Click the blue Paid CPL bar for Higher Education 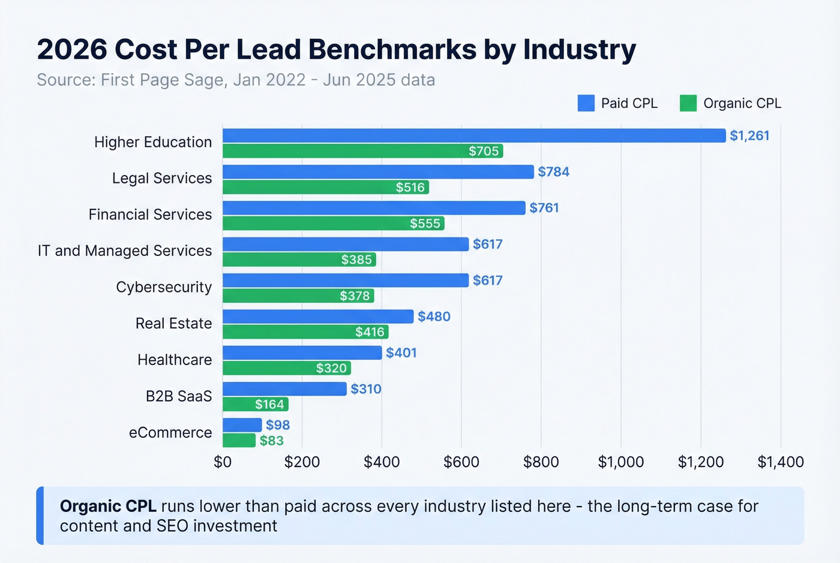474,136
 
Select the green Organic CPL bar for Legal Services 325,187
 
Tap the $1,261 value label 749,136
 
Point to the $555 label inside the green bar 425,224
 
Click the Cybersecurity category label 164,287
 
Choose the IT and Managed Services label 125,251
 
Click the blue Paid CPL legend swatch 586,103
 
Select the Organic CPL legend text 742,103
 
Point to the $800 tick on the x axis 541,462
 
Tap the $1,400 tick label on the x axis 780,462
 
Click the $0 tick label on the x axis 223,462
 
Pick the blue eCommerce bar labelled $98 242,425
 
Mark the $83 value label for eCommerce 272,441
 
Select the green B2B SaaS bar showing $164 255,405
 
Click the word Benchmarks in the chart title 392,49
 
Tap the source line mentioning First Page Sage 236,80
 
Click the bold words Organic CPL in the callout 108,506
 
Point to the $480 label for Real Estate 434,317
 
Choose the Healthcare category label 175,360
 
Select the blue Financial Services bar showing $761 374,208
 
